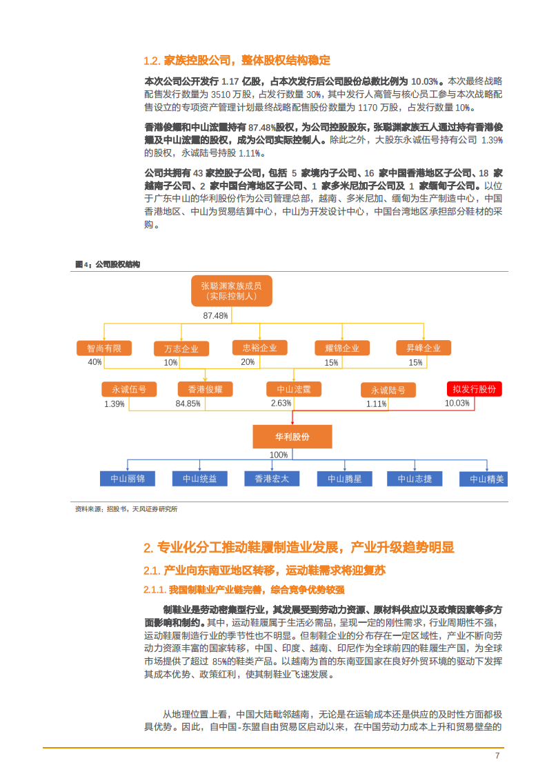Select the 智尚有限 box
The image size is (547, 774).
tap(103, 348)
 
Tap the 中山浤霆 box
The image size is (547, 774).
tap(293, 389)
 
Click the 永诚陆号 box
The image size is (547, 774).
tap(388, 390)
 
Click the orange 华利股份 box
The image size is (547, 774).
tap(292, 437)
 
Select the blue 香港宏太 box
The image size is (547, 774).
tap(272, 478)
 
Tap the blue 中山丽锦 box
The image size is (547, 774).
tap(128, 478)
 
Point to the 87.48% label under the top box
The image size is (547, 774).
tap(215, 315)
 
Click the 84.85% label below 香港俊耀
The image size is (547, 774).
tap(188, 404)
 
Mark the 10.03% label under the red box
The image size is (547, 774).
tap(457, 403)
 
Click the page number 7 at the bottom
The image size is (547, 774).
tap(497, 755)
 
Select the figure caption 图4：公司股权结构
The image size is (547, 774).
tap(108, 264)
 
